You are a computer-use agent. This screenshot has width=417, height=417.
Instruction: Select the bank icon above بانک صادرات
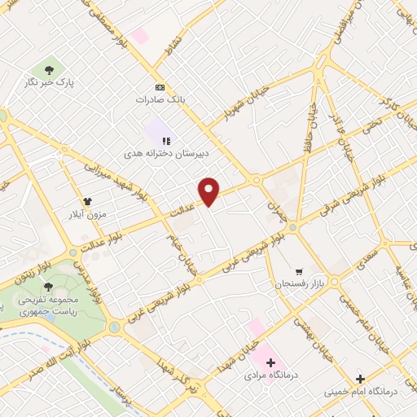(x=159, y=87)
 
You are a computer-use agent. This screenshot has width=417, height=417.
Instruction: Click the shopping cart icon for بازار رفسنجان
(x=299, y=271)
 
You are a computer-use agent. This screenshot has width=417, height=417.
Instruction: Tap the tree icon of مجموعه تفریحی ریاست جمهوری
(x=48, y=287)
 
